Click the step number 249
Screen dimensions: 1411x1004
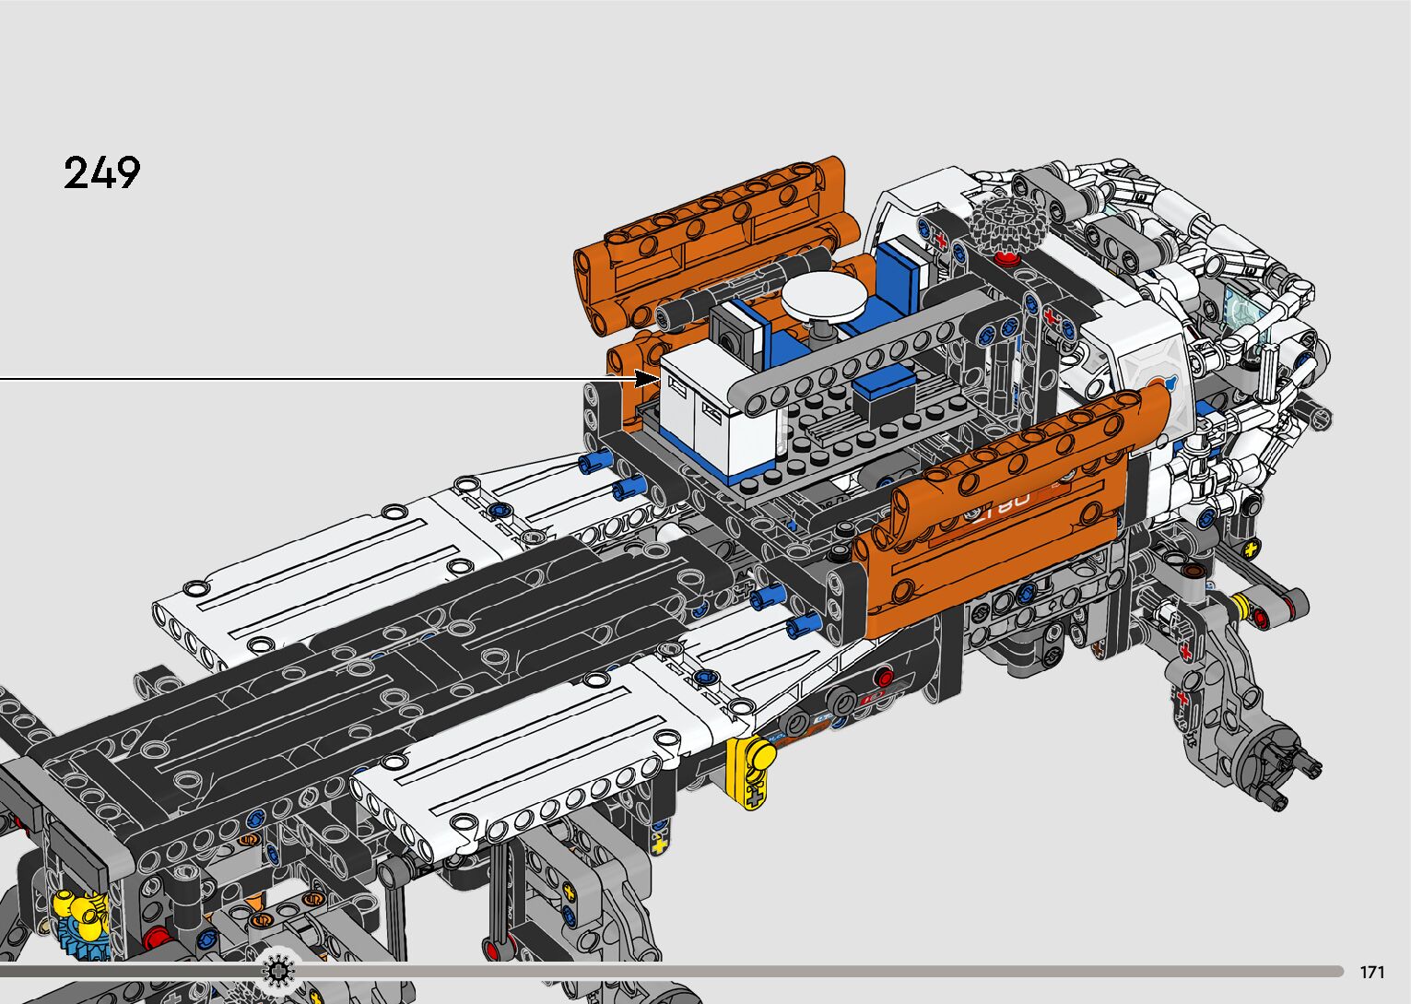pyautogui.click(x=102, y=172)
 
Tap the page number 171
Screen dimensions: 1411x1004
pyautogui.click(x=1372, y=972)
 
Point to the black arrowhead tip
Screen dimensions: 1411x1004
pyautogui.click(x=660, y=379)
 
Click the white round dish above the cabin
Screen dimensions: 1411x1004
pyautogui.click(x=824, y=295)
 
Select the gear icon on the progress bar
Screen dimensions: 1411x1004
pyautogui.click(x=277, y=971)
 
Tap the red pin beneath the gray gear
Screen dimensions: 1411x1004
pyautogui.click(x=1006, y=258)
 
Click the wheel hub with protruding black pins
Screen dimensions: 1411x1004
pyautogui.click(x=1273, y=762)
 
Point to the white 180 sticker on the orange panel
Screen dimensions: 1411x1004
pyautogui.click(x=1002, y=505)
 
